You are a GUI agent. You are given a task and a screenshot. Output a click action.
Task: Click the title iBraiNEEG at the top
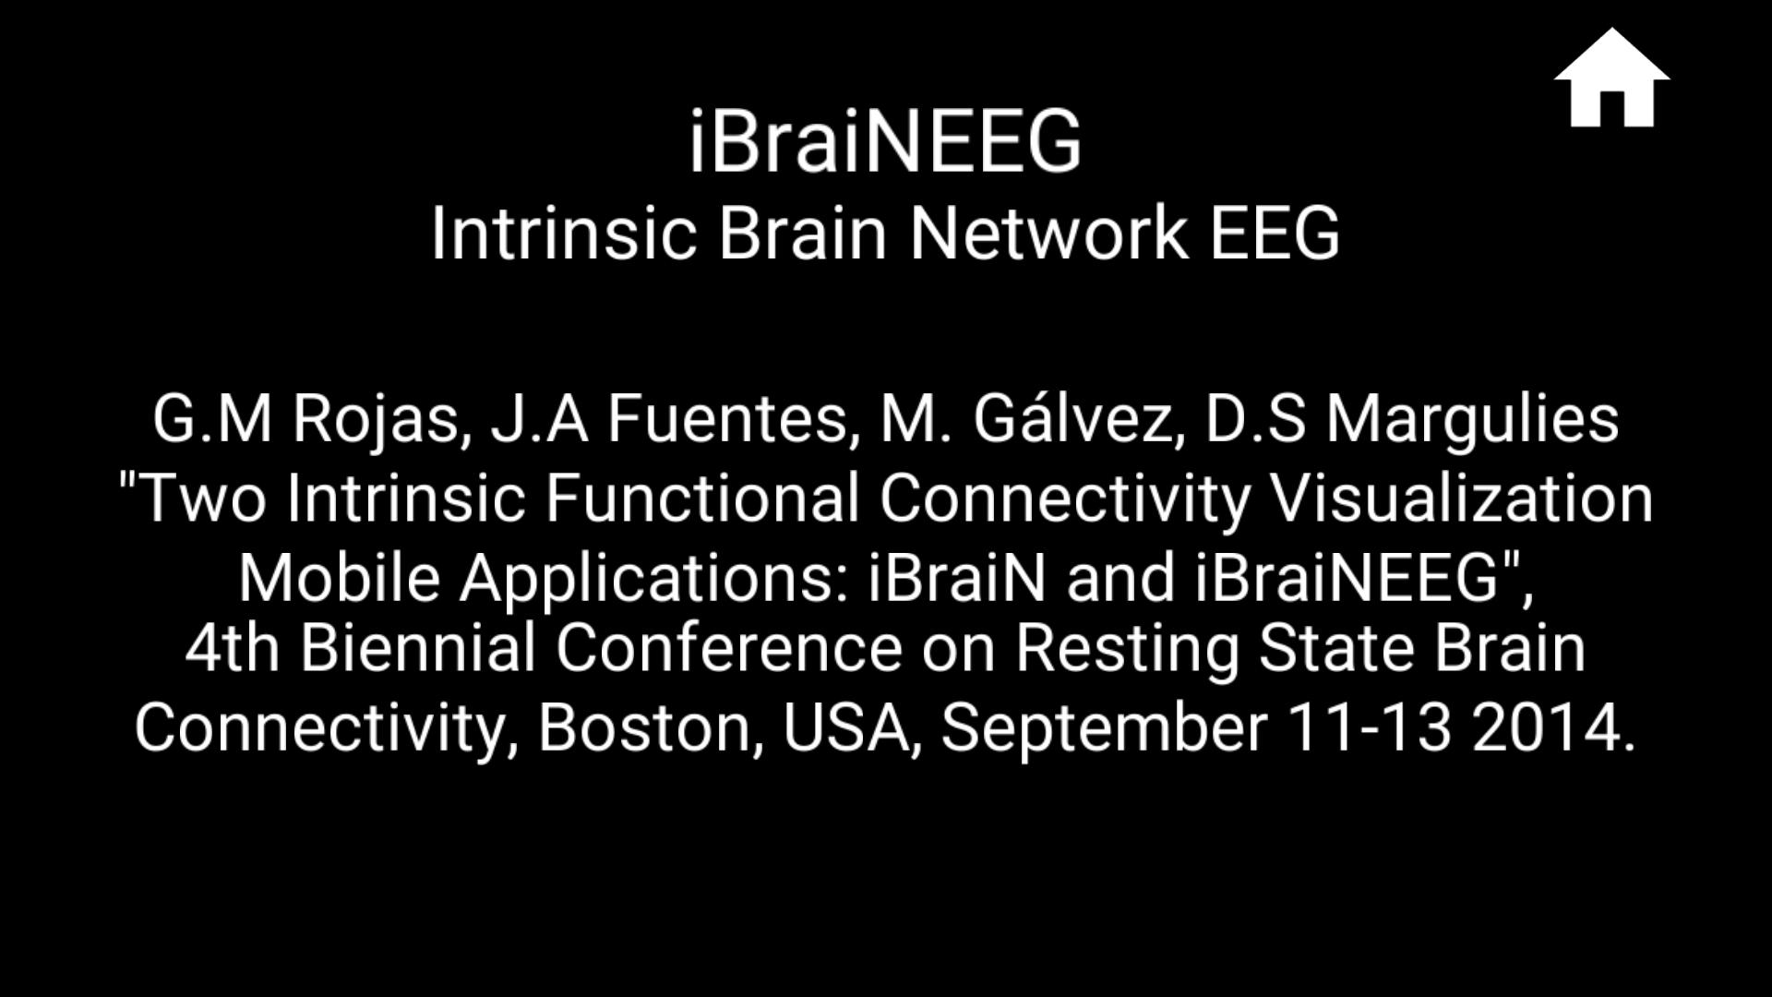tap(885, 142)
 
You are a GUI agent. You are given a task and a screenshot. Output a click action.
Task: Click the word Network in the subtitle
tap(1048, 233)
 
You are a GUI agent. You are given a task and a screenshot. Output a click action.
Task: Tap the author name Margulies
tap(1472, 419)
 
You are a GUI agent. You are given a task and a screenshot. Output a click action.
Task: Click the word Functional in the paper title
tap(701, 498)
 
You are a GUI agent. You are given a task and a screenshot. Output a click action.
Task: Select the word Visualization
tap(1461, 498)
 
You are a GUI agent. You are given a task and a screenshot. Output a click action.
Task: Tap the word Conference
tap(728, 648)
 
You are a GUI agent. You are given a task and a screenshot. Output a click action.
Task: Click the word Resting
tap(1127, 648)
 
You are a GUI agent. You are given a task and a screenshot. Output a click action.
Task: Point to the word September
tap(1103, 727)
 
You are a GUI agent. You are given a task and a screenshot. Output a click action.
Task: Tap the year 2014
tap(1550, 727)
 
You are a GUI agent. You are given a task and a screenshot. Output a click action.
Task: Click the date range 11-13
tap(1370, 727)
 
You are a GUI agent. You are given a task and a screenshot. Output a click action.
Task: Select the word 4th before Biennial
tap(232, 648)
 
